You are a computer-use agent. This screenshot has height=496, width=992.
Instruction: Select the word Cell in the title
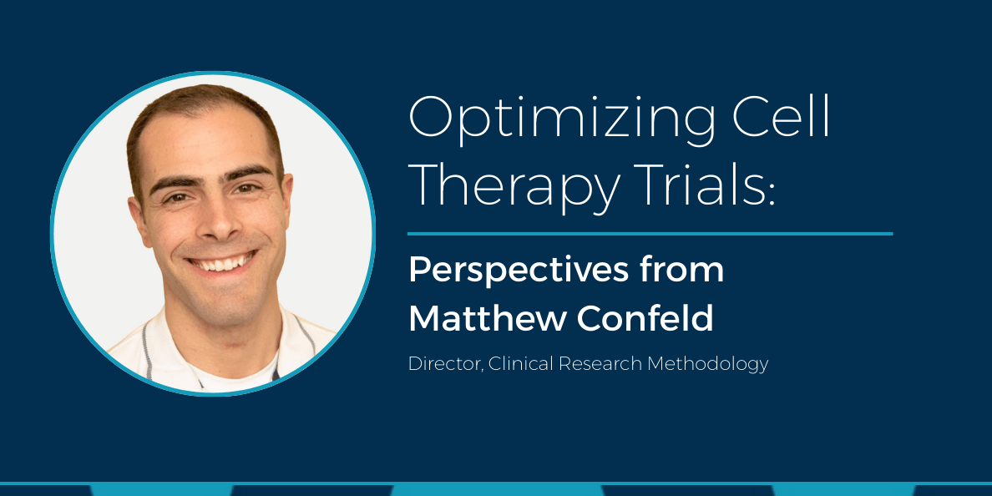coord(774,117)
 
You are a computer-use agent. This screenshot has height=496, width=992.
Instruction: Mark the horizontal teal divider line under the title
coord(650,234)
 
